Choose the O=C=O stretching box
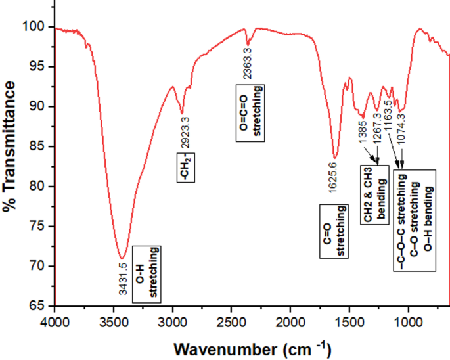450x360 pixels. pos(250,112)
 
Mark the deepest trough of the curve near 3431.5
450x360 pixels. pos(122,258)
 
